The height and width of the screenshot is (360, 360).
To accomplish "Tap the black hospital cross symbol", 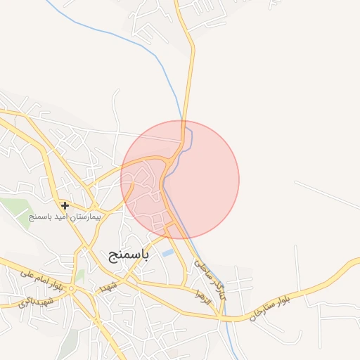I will pos(65,206).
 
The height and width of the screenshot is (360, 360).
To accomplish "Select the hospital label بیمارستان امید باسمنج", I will pos(65,217).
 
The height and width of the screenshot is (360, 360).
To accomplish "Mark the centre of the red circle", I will pos(180,180).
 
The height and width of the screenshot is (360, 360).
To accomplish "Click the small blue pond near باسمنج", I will pos(167,252).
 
